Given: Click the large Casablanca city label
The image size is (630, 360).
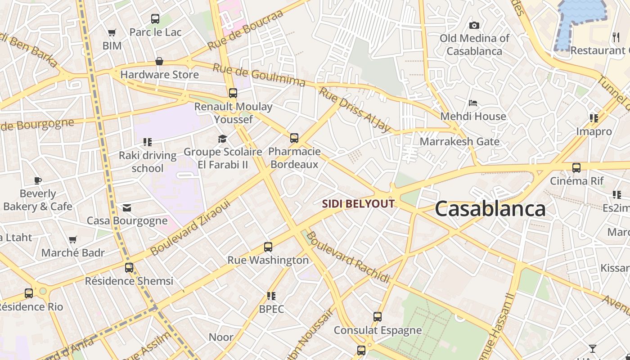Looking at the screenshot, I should tap(490, 209).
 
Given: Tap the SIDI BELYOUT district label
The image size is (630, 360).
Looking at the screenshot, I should tap(358, 204).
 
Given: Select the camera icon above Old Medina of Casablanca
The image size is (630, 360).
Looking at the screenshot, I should tap(474, 25).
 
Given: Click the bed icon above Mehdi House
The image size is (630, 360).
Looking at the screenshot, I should tap(473, 103).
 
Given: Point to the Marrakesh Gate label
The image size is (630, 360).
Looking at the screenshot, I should tap(459, 141).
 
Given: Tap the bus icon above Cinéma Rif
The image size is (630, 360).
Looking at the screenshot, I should tap(576, 168).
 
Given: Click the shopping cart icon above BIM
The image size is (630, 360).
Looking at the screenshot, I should tap(112, 32).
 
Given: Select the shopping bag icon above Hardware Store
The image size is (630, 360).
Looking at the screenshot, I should tap(159, 61).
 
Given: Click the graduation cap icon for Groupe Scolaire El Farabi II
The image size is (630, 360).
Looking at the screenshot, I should tap(222, 139).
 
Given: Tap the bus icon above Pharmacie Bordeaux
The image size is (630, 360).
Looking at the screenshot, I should tap(294, 138).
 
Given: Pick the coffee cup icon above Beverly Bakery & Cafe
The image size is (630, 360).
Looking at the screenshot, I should tap(38, 181).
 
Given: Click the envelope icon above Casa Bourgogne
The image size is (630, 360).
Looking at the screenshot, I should tap(127, 207).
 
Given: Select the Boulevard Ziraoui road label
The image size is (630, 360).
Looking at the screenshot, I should tap(190, 227).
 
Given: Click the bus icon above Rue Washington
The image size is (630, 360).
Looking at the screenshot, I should tap(268, 247).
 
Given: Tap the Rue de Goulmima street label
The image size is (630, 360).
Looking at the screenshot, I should tap(259, 75).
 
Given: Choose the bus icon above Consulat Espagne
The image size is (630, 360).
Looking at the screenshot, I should tap(378, 317).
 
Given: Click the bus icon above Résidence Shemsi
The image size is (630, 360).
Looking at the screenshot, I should tap(129, 268).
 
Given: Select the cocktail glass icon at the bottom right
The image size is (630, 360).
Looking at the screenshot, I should tap(593, 349).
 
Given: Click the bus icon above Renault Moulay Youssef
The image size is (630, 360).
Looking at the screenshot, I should tap(233, 93).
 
